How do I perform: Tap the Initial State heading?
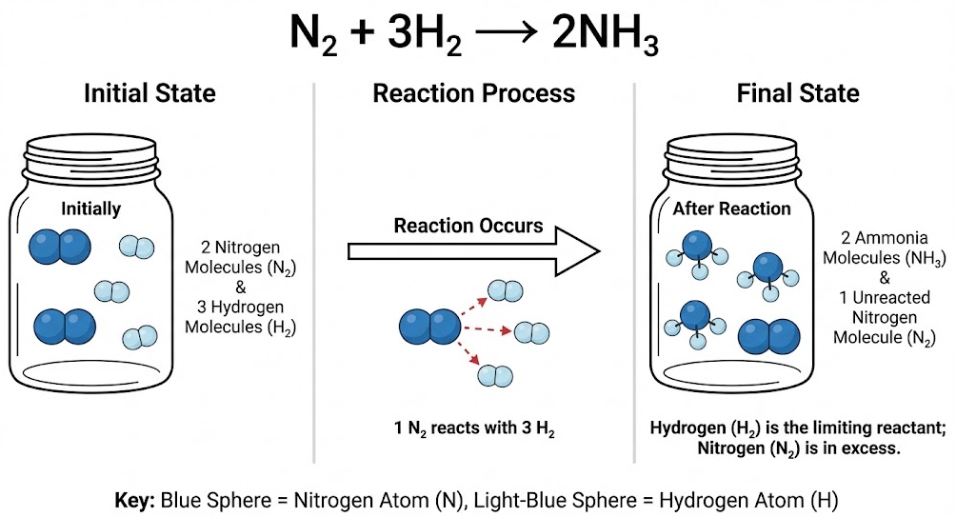pos(149,93)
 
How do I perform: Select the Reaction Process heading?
pos(473,93)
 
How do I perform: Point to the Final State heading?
pos(797,93)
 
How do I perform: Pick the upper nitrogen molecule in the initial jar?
pos(61,247)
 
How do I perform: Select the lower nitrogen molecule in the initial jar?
pos(65,327)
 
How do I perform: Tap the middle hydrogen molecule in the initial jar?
pos(110,291)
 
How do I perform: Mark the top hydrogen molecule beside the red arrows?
pos(505,290)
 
